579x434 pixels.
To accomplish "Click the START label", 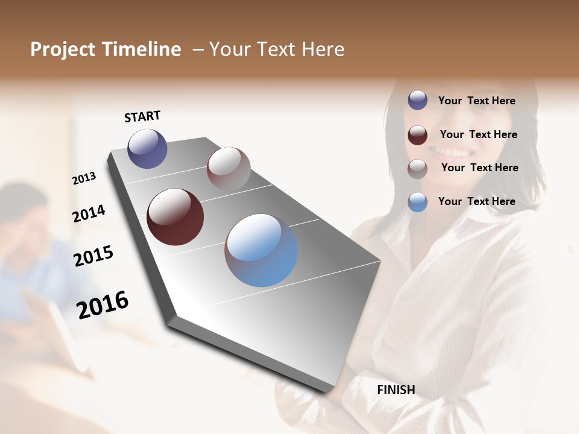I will tap(142, 116).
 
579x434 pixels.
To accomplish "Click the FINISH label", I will tap(396, 390).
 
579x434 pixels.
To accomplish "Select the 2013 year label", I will tap(84, 178).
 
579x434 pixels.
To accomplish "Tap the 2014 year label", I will tap(89, 214).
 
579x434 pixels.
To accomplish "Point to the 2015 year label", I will tap(93, 256).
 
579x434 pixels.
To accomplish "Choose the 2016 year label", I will tap(103, 304).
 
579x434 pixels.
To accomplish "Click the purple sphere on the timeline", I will tap(147, 148).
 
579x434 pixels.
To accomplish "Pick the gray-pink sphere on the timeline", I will tap(229, 169).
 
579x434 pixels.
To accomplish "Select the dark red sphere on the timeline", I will tap(176, 217).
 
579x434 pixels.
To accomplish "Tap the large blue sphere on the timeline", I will tap(261, 250).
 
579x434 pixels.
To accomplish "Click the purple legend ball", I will tap(417, 101).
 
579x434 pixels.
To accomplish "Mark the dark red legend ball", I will tap(417, 135).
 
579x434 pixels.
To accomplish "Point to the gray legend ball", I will tap(417, 169).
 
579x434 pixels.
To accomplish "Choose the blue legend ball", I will tap(417, 202).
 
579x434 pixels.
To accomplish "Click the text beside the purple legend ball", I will tap(476, 101).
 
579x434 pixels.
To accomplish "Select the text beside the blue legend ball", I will tap(476, 201).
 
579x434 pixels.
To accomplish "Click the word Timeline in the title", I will tap(143, 49).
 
